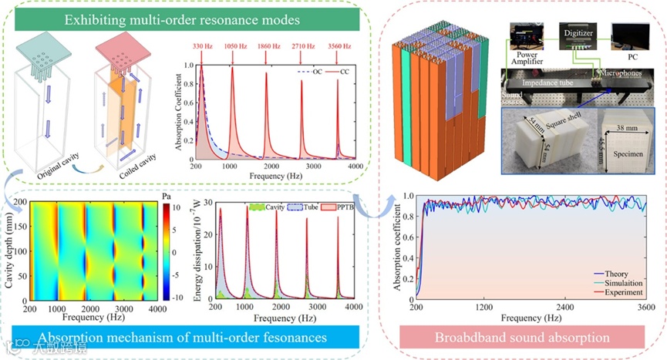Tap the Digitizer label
click(x=578, y=34)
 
